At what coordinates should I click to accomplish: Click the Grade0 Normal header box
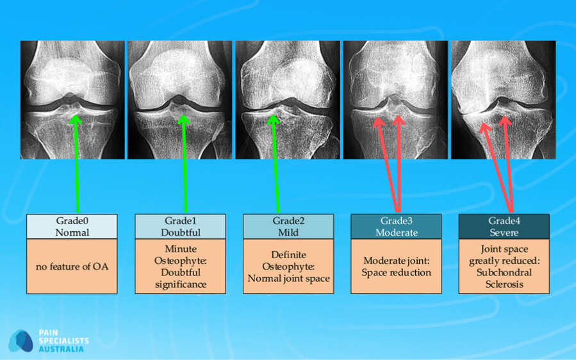pos(72,227)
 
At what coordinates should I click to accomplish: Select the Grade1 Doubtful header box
pos(181,227)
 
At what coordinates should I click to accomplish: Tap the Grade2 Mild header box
pos(288,227)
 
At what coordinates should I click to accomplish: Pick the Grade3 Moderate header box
pos(396,227)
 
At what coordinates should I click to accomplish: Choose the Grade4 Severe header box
pos(504,227)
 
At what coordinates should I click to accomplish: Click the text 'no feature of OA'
pos(72,266)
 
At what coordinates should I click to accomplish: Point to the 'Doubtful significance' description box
pos(181,266)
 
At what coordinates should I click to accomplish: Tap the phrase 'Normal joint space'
pos(288,279)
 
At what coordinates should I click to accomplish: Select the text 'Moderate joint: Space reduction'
pos(396,266)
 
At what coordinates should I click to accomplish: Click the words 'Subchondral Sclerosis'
pos(504,278)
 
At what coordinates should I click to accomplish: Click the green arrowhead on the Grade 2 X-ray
pos(274,120)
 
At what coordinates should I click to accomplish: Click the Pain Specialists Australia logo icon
pos(21,341)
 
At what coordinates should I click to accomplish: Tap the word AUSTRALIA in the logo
pos(64,348)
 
